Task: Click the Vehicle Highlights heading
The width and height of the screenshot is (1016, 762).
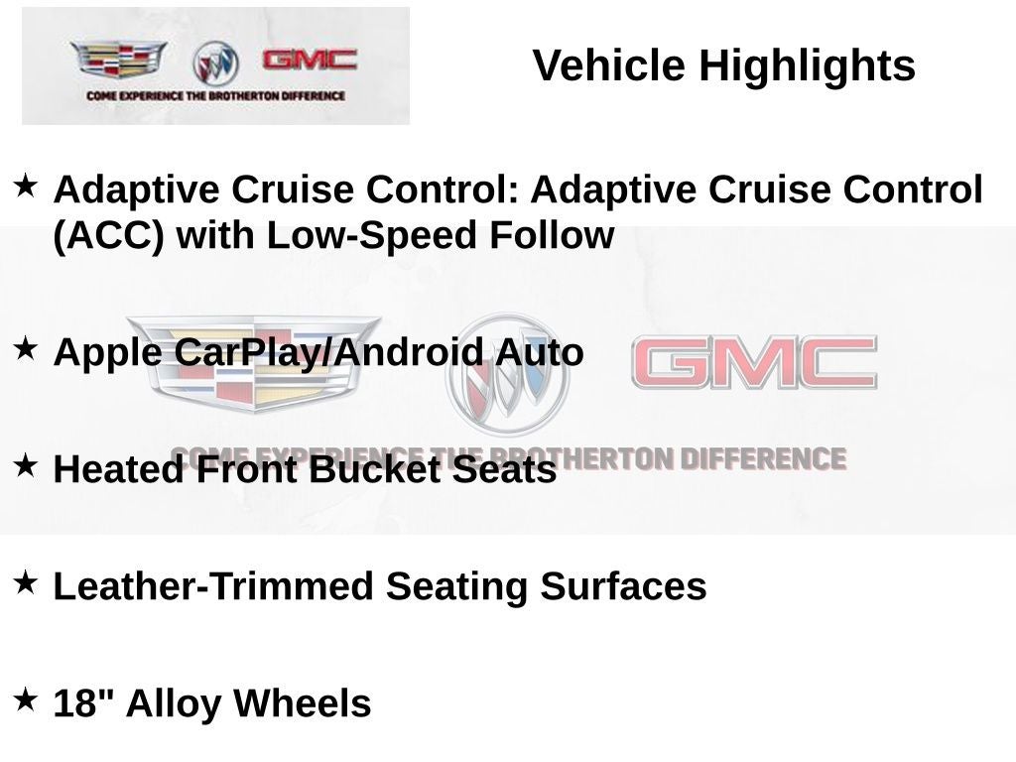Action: point(723,66)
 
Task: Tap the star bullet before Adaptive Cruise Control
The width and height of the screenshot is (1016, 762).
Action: point(26,185)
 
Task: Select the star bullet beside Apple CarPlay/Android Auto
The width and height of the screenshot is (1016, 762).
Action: point(26,348)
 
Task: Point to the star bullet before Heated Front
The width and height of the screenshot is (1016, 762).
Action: point(26,465)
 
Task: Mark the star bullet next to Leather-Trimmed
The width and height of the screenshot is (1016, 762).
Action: point(26,582)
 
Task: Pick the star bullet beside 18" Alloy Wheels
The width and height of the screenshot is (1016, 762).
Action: point(26,699)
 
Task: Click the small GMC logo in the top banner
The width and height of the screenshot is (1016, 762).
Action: point(310,60)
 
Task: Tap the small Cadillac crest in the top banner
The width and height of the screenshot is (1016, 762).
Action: point(118,61)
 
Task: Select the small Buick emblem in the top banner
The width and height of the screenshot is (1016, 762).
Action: point(215,63)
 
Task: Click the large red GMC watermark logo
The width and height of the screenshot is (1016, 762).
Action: point(754,363)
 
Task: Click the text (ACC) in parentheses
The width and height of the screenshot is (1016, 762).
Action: point(108,236)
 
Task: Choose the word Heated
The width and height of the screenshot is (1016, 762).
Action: point(118,469)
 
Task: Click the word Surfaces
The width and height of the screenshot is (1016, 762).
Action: point(623,586)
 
